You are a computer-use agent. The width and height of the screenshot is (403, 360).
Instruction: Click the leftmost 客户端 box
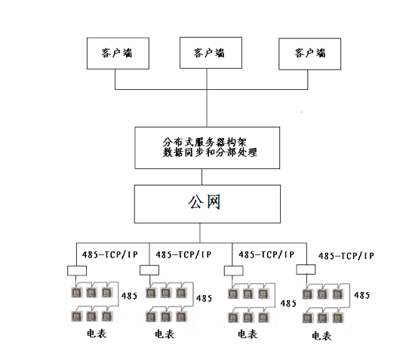click(115, 52)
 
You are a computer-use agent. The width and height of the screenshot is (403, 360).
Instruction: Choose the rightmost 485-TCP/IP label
click(346, 257)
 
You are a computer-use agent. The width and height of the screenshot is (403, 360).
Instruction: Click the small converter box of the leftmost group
click(76, 270)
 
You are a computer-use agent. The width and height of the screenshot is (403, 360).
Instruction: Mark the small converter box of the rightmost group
click(306, 269)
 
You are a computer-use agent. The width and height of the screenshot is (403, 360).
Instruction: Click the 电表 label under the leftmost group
click(94, 334)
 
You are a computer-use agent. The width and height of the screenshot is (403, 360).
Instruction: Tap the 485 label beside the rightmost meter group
click(361, 295)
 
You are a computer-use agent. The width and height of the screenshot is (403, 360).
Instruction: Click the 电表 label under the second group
click(166, 334)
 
